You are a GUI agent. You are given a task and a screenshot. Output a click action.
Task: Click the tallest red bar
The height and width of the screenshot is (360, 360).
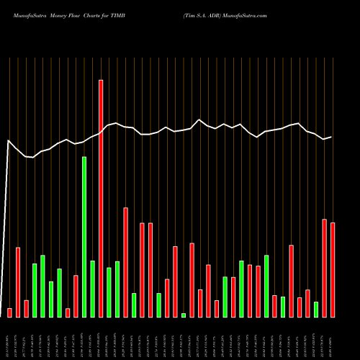(101, 198)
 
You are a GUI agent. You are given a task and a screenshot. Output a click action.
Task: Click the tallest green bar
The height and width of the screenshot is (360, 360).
(84, 237)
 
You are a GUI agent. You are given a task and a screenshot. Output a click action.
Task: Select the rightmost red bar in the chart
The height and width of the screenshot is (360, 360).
(333, 270)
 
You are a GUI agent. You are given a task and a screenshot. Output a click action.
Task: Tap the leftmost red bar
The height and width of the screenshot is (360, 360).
(9, 312)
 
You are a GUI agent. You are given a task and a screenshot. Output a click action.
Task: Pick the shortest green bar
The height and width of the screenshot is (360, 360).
(184, 315)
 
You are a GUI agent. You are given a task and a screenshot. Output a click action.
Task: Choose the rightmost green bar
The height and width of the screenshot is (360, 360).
(316, 310)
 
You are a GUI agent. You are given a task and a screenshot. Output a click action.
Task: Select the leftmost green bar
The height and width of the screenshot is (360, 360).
(35, 290)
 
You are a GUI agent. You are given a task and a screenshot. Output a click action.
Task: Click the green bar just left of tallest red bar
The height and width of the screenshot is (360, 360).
(93, 289)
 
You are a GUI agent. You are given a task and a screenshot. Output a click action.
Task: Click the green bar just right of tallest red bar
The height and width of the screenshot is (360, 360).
(109, 292)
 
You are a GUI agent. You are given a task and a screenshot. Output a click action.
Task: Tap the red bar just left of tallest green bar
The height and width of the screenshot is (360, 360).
(76, 296)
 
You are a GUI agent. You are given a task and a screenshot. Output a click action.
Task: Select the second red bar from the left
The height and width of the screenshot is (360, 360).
(18, 282)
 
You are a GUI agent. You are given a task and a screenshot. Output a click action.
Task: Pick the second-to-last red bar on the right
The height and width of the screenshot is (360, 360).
(325, 268)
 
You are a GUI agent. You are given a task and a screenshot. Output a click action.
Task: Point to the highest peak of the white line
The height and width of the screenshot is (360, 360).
(199, 120)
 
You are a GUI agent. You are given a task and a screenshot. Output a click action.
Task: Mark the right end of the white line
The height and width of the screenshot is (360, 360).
(331, 137)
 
